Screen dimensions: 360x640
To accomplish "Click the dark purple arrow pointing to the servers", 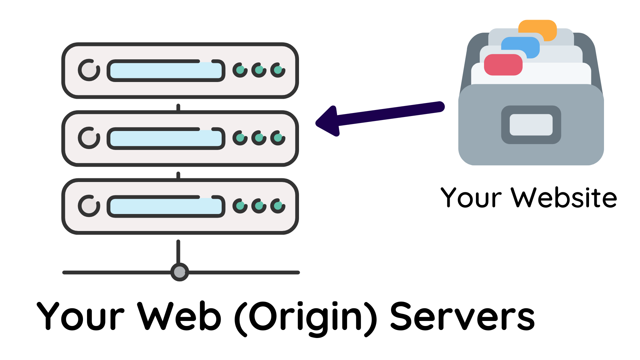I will click(x=383, y=115).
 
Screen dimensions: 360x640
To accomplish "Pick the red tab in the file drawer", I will click(x=503, y=65).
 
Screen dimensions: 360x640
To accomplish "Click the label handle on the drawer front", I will click(x=531, y=125).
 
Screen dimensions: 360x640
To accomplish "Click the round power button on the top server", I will click(x=89, y=70).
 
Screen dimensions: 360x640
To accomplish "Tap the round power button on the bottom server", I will click(x=89, y=206).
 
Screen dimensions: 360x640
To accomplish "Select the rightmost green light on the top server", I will click(x=278, y=70).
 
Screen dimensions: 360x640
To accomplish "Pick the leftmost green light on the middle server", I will click(x=240, y=138).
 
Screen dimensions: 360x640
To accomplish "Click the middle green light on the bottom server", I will click(x=259, y=206).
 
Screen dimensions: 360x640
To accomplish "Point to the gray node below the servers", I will click(x=180, y=272).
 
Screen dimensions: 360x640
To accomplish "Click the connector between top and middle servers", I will click(x=178, y=108).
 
